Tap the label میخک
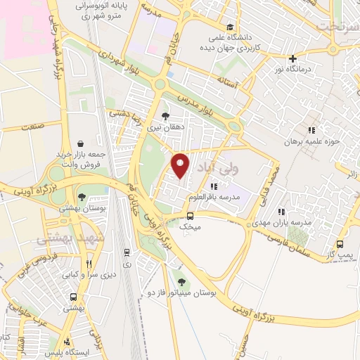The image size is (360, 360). tap(189, 227)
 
